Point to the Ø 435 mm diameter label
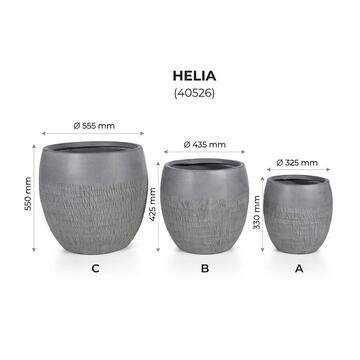pos(205,145)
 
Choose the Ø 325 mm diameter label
pos(298,162)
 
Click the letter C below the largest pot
pos(94,268)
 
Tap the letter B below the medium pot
pos(205,268)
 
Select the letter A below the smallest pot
pos(298,268)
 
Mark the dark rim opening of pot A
pos(298,181)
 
